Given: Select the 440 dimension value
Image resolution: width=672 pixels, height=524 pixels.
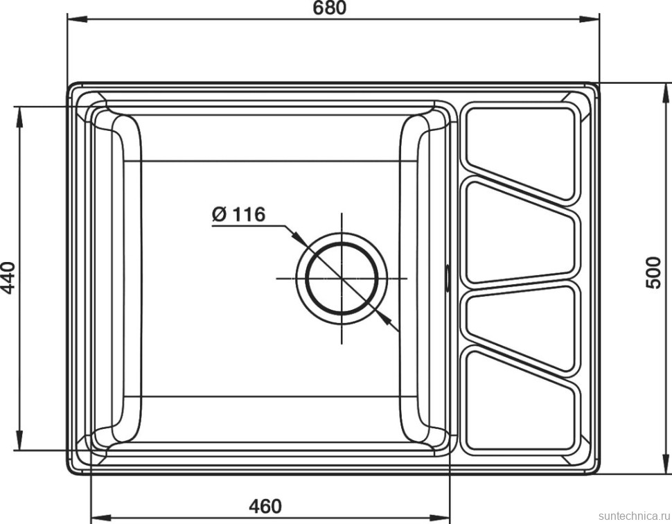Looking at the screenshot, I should (8, 277).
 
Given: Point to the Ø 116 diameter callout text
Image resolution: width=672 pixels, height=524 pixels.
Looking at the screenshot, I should (238, 215).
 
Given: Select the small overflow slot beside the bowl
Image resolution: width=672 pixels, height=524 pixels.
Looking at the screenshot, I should (448, 276).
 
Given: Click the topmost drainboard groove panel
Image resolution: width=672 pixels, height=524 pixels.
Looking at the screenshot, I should (520, 146).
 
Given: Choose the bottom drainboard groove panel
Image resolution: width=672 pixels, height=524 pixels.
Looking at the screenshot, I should (520, 405).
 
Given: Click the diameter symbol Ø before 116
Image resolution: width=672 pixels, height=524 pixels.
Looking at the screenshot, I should (219, 216).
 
